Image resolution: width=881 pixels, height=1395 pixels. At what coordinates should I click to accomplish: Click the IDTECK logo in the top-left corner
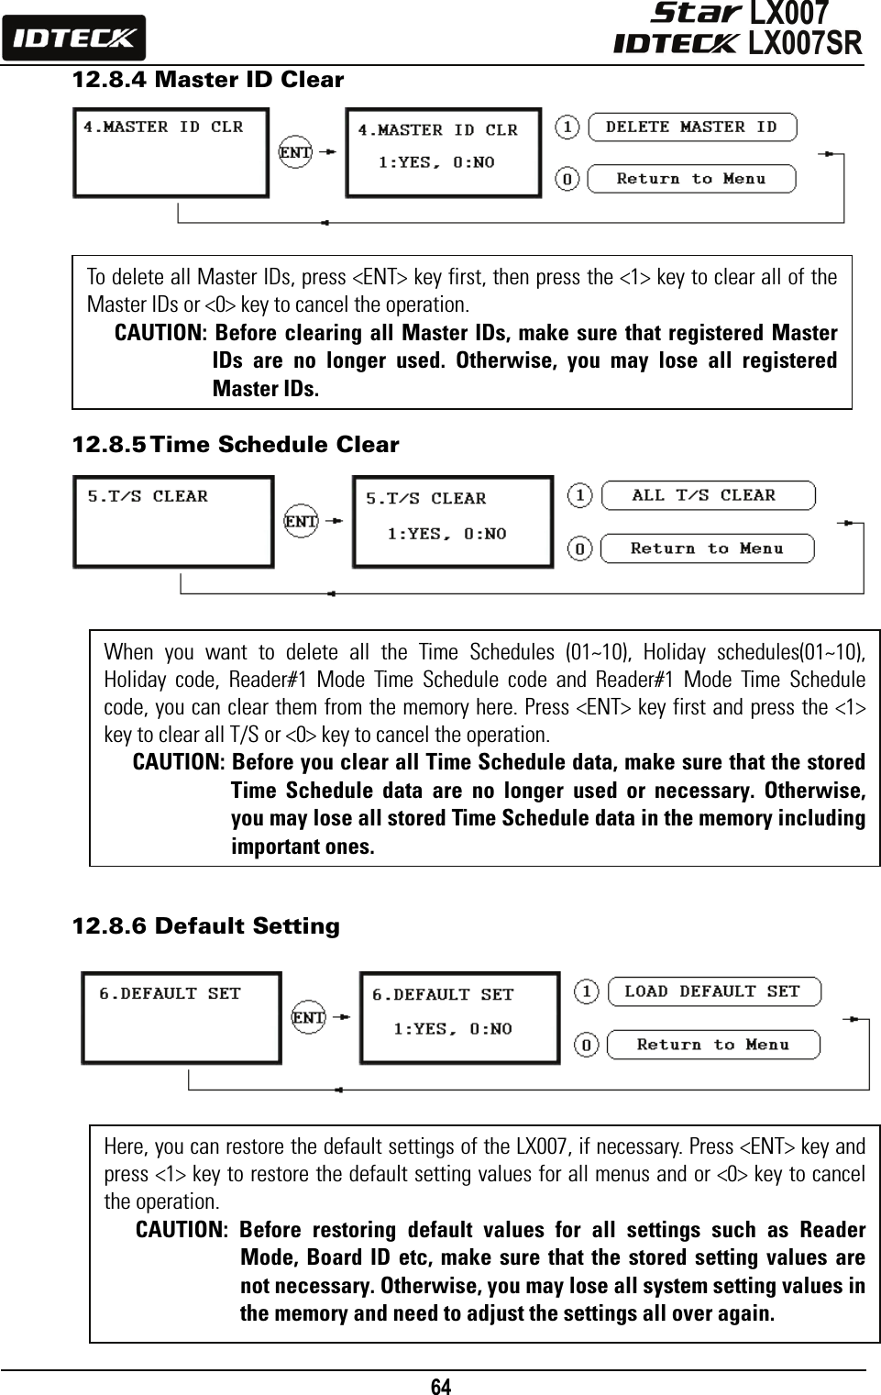(73, 39)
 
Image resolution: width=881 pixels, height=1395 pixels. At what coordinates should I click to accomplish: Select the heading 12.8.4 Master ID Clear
(207, 80)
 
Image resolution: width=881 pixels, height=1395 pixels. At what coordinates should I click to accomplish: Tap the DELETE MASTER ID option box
(691, 127)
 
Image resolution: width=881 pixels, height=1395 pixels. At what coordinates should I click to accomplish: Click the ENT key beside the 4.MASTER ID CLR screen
(295, 153)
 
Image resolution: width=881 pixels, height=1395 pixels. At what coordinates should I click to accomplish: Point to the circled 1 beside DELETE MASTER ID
(568, 127)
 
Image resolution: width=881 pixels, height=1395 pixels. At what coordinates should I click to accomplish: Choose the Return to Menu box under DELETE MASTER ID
(691, 179)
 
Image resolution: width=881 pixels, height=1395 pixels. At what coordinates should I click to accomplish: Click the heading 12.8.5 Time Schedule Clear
(236, 445)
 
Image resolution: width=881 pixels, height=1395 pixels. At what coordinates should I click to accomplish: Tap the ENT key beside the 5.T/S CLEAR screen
(301, 522)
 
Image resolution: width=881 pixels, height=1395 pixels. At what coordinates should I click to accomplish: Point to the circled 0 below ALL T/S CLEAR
(580, 549)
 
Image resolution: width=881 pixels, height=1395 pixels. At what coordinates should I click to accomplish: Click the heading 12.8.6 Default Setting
(205, 926)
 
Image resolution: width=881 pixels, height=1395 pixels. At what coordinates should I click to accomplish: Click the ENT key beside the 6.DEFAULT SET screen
(308, 1017)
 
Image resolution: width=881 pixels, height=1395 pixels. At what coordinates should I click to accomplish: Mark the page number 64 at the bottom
(441, 1385)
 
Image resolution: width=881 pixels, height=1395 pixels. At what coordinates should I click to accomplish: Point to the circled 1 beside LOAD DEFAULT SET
(587, 991)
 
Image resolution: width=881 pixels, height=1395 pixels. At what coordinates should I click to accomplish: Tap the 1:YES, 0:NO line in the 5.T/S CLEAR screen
(446, 534)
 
